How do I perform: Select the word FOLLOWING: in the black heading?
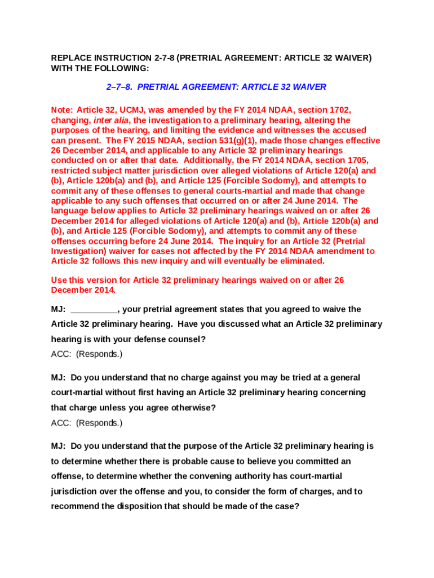tap(125, 68)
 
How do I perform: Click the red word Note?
tap(62, 110)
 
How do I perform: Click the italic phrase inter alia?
tap(111, 120)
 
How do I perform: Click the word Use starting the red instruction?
tap(59, 280)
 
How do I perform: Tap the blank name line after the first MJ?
tap(94, 309)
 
